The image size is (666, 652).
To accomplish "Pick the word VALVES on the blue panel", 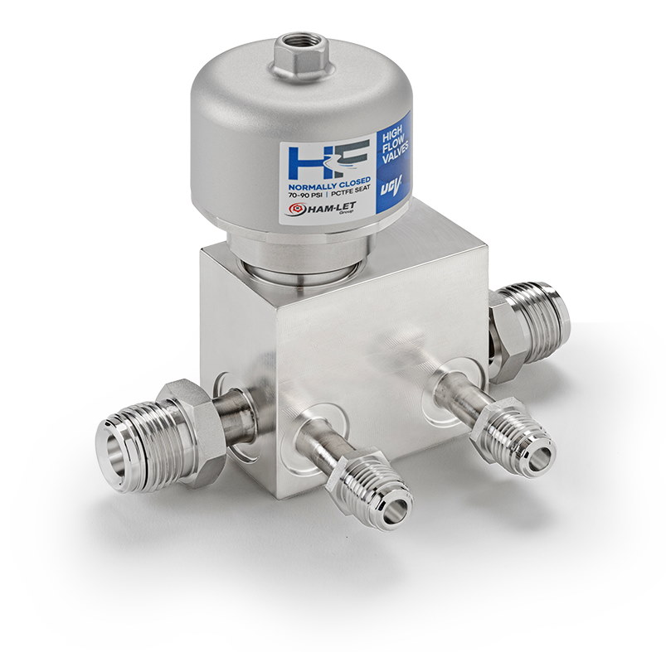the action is click(396, 156).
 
